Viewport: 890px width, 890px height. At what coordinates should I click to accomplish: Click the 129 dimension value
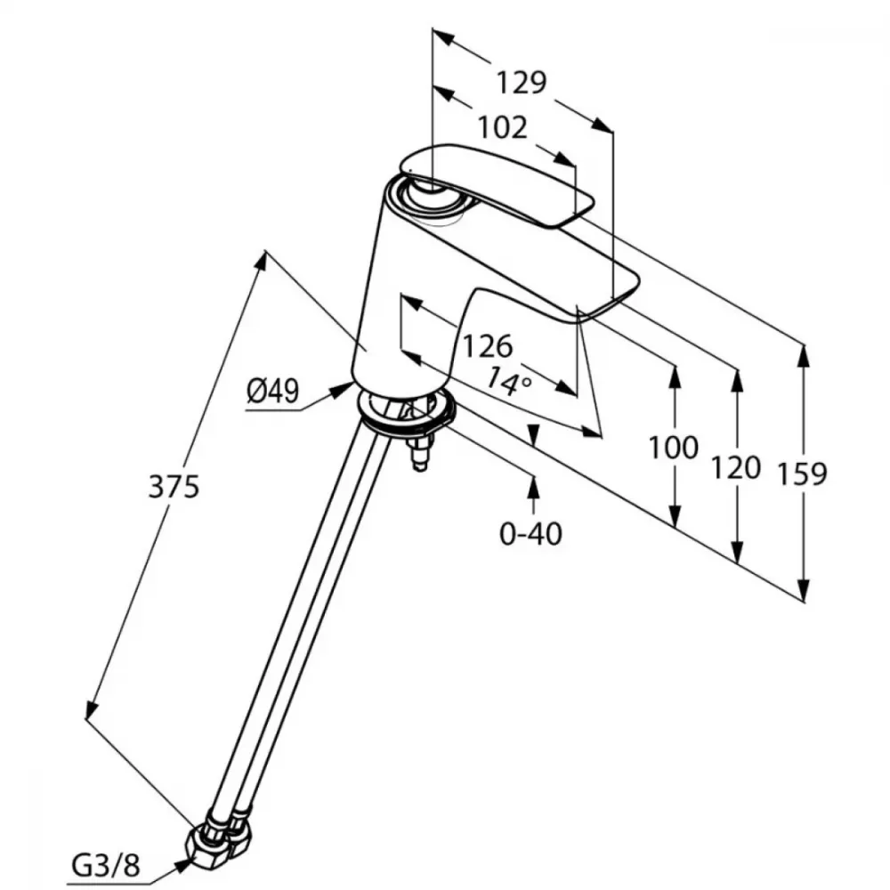click(521, 83)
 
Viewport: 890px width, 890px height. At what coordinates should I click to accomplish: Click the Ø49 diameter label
click(272, 391)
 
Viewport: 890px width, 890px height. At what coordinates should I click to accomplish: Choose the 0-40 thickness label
click(533, 534)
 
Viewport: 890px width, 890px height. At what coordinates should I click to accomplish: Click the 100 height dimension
click(673, 447)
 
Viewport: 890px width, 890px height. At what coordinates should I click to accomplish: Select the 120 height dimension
click(736, 466)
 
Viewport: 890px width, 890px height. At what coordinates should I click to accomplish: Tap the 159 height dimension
click(803, 473)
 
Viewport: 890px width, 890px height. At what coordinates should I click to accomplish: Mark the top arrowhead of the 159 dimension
click(804, 354)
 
